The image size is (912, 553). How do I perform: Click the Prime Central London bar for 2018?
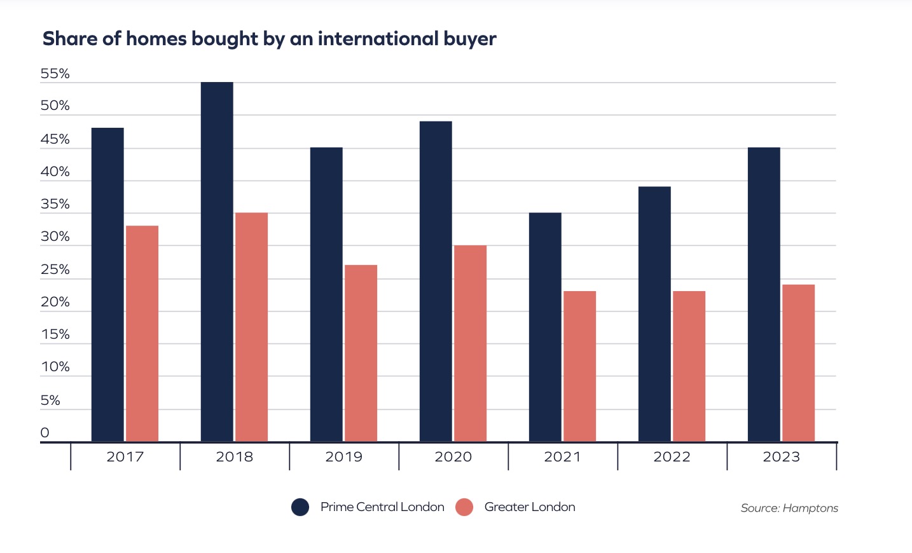217,262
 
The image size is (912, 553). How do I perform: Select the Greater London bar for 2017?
142,334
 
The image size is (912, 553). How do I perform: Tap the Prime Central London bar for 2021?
545,327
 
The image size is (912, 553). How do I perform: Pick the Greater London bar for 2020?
470,343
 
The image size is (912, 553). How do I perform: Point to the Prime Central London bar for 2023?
764,294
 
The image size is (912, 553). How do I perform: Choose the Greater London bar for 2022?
689,366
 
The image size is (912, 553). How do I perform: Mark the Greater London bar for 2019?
361,353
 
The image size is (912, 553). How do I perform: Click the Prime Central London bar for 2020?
436,282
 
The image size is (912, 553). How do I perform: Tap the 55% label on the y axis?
55,74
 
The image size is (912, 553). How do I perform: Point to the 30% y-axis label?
55,236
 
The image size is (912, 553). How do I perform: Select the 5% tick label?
50,400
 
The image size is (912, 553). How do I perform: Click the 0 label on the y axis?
45,433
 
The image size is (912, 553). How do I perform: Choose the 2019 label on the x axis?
344,456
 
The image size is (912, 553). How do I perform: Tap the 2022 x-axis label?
672,456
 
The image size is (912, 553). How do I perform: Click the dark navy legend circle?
300,507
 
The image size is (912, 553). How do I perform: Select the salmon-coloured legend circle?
464,507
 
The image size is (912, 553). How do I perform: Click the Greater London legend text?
530,507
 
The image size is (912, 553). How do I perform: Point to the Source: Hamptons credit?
789,508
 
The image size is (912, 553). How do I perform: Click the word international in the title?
378,39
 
